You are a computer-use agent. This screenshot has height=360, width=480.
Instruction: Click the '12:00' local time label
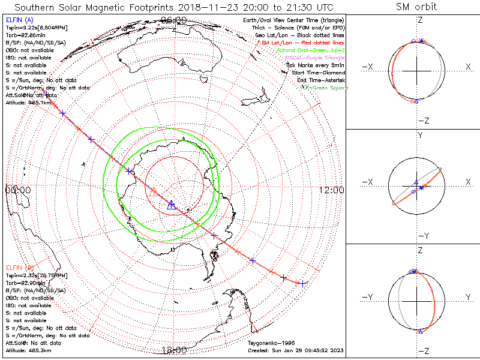pyautogui.click(x=331, y=190)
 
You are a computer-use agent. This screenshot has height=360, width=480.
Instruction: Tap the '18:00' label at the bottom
pyautogui.click(x=174, y=350)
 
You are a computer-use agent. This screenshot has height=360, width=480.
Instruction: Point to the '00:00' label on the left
pyautogui.click(x=18, y=190)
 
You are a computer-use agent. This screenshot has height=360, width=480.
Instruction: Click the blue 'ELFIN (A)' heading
pyautogui.click(x=19, y=20)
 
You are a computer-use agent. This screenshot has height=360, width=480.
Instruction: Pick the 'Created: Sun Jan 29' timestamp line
pyautogui.click(x=295, y=350)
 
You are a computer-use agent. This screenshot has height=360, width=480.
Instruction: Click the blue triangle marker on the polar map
pyautogui.click(x=172, y=204)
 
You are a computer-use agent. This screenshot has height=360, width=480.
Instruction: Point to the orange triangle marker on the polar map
pyautogui.click(x=154, y=191)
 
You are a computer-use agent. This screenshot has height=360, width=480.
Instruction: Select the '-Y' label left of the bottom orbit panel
pyautogui.click(x=367, y=296)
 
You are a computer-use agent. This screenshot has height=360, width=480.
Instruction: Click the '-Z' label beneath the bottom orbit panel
pyautogui.click(x=423, y=350)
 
